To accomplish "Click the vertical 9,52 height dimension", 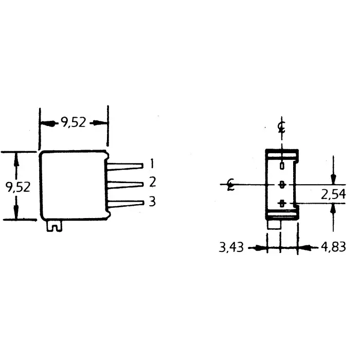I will click(x=17, y=186).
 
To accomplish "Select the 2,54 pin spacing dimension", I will click(x=333, y=194).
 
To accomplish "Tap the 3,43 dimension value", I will click(x=230, y=248).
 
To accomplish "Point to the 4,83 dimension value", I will click(x=333, y=248).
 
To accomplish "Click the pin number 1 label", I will click(x=152, y=164).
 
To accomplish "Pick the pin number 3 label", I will click(x=152, y=201).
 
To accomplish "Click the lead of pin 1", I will click(x=126, y=166).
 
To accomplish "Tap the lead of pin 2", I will click(x=126, y=184).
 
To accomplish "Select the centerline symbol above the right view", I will click(x=281, y=127).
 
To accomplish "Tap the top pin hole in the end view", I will click(x=281, y=166).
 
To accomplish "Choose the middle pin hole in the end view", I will click(x=281, y=184).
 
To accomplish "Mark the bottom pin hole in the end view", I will click(x=281, y=204).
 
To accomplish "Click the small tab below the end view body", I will click(x=274, y=225).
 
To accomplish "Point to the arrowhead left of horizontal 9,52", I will click(x=44, y=123).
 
